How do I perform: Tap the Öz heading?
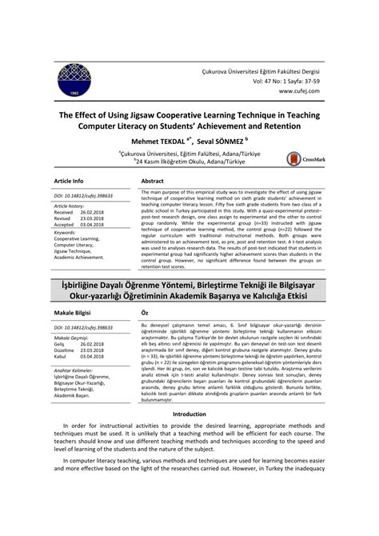coord(144,313)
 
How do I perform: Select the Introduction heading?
coord(189,436)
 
